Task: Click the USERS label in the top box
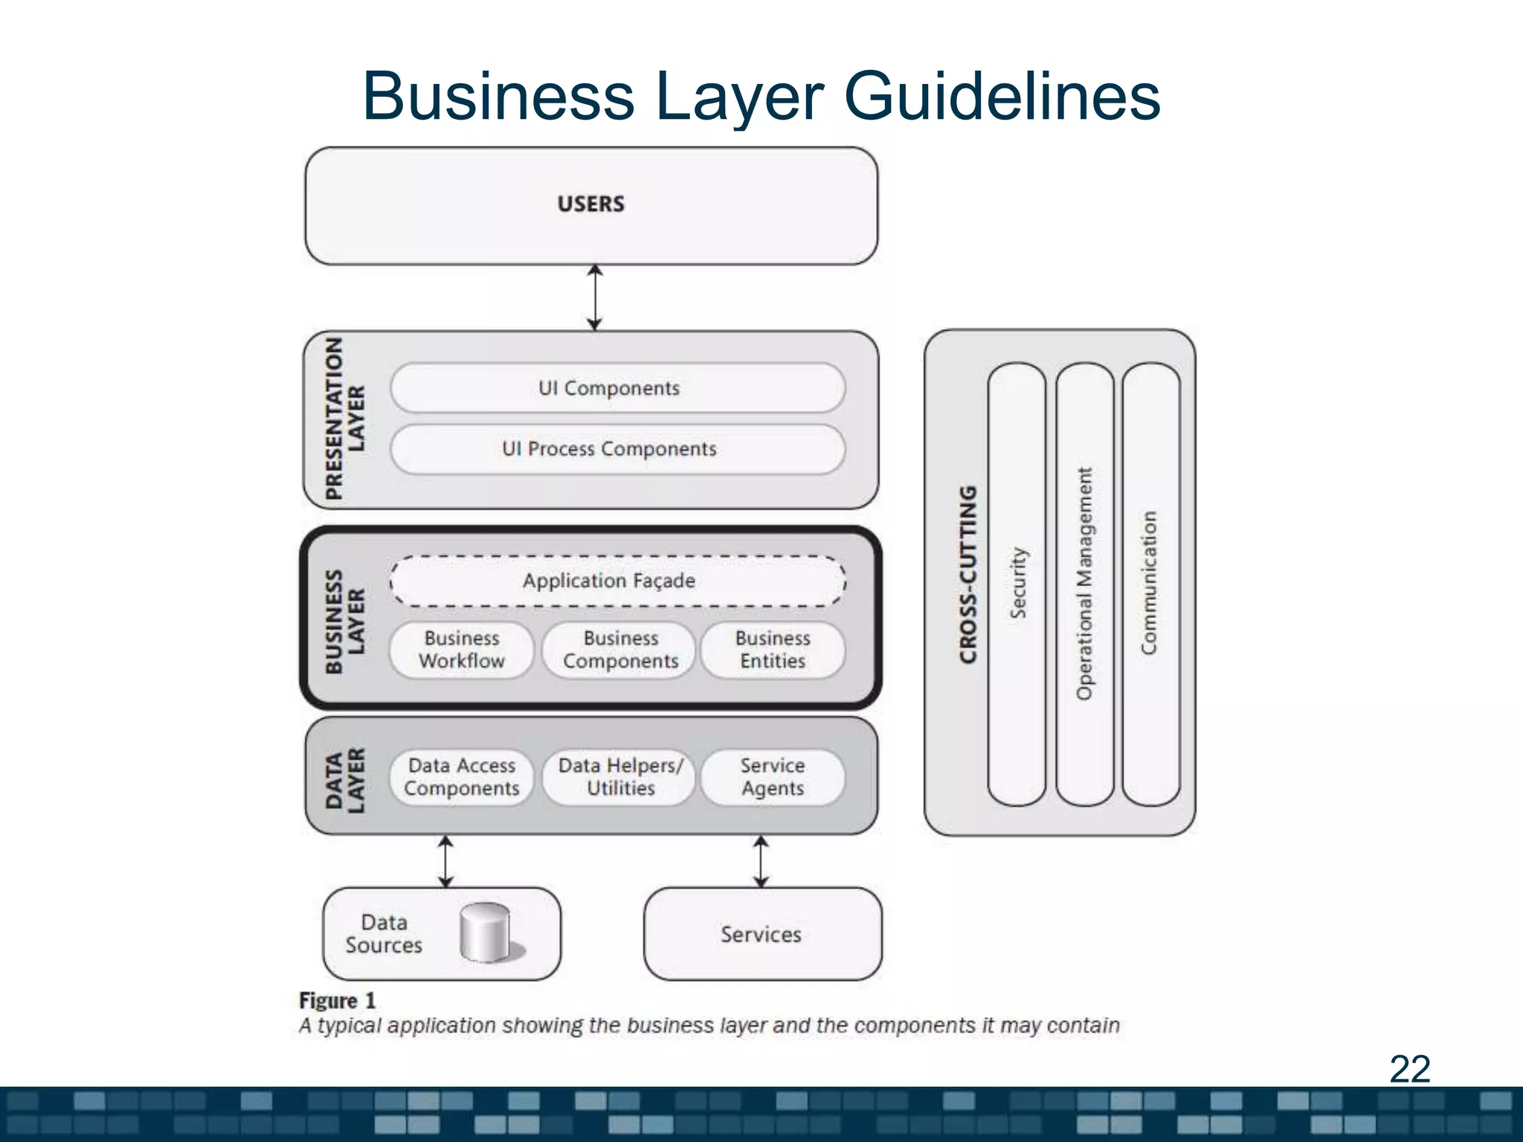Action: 591,204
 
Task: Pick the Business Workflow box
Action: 462,650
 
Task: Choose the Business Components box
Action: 620,650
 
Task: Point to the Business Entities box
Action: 773,650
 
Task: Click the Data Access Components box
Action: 462,777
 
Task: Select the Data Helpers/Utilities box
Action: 620,777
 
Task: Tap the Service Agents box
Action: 773,777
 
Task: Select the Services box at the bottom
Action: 761,934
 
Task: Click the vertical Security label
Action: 1017,584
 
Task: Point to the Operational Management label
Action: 1085,584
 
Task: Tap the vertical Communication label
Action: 1150,584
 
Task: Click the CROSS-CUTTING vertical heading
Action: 967,575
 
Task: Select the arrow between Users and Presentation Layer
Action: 594,297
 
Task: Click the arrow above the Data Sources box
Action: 445,861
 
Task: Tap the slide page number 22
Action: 1409,1069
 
